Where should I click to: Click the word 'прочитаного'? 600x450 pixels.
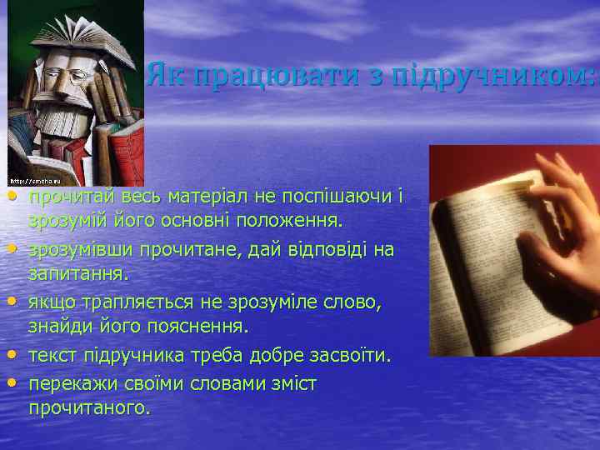tap(89, 408)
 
